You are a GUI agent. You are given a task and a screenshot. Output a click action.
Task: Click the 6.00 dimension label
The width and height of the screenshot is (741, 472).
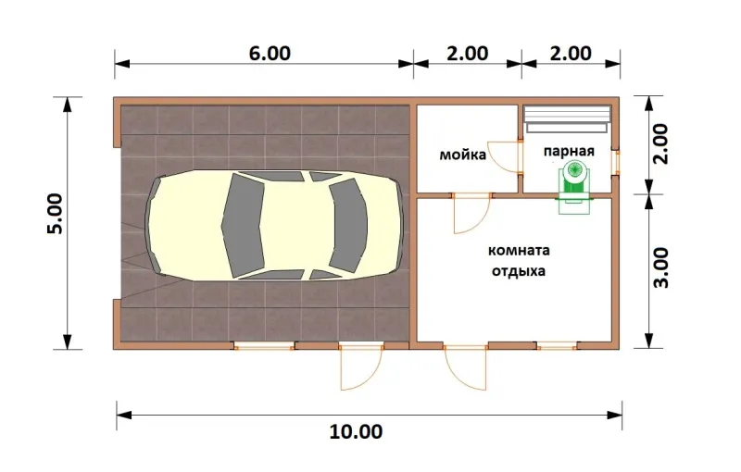[270, 54]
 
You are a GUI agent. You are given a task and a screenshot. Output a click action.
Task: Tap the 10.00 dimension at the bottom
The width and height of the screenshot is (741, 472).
[356, 431]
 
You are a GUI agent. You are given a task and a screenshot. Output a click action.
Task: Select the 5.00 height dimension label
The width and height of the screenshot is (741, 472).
[55, 214]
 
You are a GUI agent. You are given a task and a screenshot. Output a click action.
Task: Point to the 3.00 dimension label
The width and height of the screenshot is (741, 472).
[661, 267]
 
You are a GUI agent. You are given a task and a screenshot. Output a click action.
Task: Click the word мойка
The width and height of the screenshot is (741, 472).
[462, 155]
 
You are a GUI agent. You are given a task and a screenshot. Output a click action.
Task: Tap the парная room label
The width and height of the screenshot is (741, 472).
[569, 152]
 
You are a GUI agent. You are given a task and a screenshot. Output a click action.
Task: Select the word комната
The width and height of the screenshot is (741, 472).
[519, 250]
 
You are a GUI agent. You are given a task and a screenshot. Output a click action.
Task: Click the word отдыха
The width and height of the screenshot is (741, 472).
[519, 271]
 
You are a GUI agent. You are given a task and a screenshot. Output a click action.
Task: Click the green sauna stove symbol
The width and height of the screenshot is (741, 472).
[574, 187]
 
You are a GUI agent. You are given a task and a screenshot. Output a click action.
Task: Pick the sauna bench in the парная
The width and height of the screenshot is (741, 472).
[567, 119]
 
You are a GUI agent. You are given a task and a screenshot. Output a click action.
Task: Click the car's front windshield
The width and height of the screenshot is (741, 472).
[348, 226]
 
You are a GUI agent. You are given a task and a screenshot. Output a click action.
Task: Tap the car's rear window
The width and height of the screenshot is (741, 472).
[243, 225]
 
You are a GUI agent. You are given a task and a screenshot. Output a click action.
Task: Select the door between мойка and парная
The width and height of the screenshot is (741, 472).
[506, 156]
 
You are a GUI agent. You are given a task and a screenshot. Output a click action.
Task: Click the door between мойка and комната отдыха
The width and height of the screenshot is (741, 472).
[471, 214]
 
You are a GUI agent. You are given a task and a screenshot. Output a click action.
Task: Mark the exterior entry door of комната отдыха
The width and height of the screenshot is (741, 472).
[465, 367]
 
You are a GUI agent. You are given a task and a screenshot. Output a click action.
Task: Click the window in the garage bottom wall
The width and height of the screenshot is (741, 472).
[265, 346]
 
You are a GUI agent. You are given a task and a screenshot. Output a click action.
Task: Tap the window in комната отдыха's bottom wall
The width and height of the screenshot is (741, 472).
[557, 346]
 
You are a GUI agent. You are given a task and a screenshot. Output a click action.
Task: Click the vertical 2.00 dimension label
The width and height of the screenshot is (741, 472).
[660, 144]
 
